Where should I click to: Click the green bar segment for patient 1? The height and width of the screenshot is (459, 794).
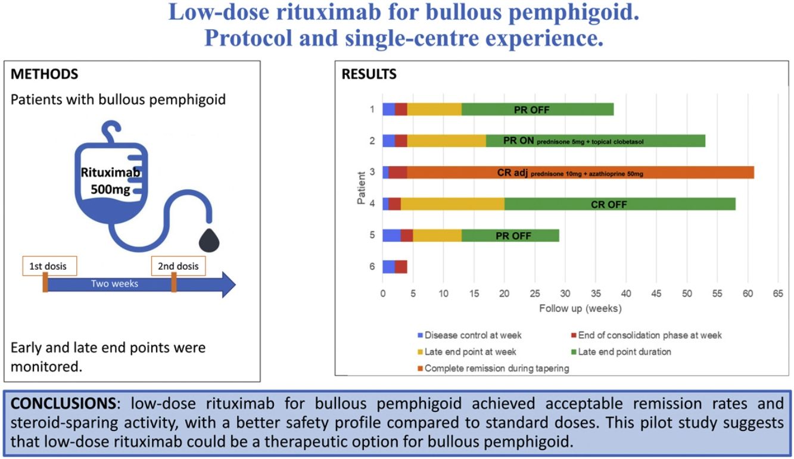tap(537, 110)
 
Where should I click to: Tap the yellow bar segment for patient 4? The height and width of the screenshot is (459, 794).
tap(452, 204)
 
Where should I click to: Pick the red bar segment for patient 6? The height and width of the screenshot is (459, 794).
tap(401, 266)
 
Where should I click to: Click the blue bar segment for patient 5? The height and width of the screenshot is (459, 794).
tap(391, 235)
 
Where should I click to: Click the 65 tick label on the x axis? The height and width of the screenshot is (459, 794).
tap(777, 293)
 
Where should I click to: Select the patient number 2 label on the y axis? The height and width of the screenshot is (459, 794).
tap(372, 141)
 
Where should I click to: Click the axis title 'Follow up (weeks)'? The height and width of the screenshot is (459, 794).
tap(580, 308)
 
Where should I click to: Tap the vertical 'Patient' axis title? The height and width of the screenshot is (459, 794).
tap(362, 188)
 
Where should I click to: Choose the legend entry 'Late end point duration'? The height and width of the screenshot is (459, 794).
tap(624, 351)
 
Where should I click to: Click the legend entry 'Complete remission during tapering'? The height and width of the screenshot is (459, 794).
tap(497, 368)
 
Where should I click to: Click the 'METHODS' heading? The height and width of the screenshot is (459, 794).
tap(45, 74)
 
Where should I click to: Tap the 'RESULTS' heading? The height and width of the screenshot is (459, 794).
tap(369, 74)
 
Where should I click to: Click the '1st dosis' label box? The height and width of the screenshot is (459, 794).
tap(49, 266)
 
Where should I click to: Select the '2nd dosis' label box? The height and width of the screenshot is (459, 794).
tap(178, 266)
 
